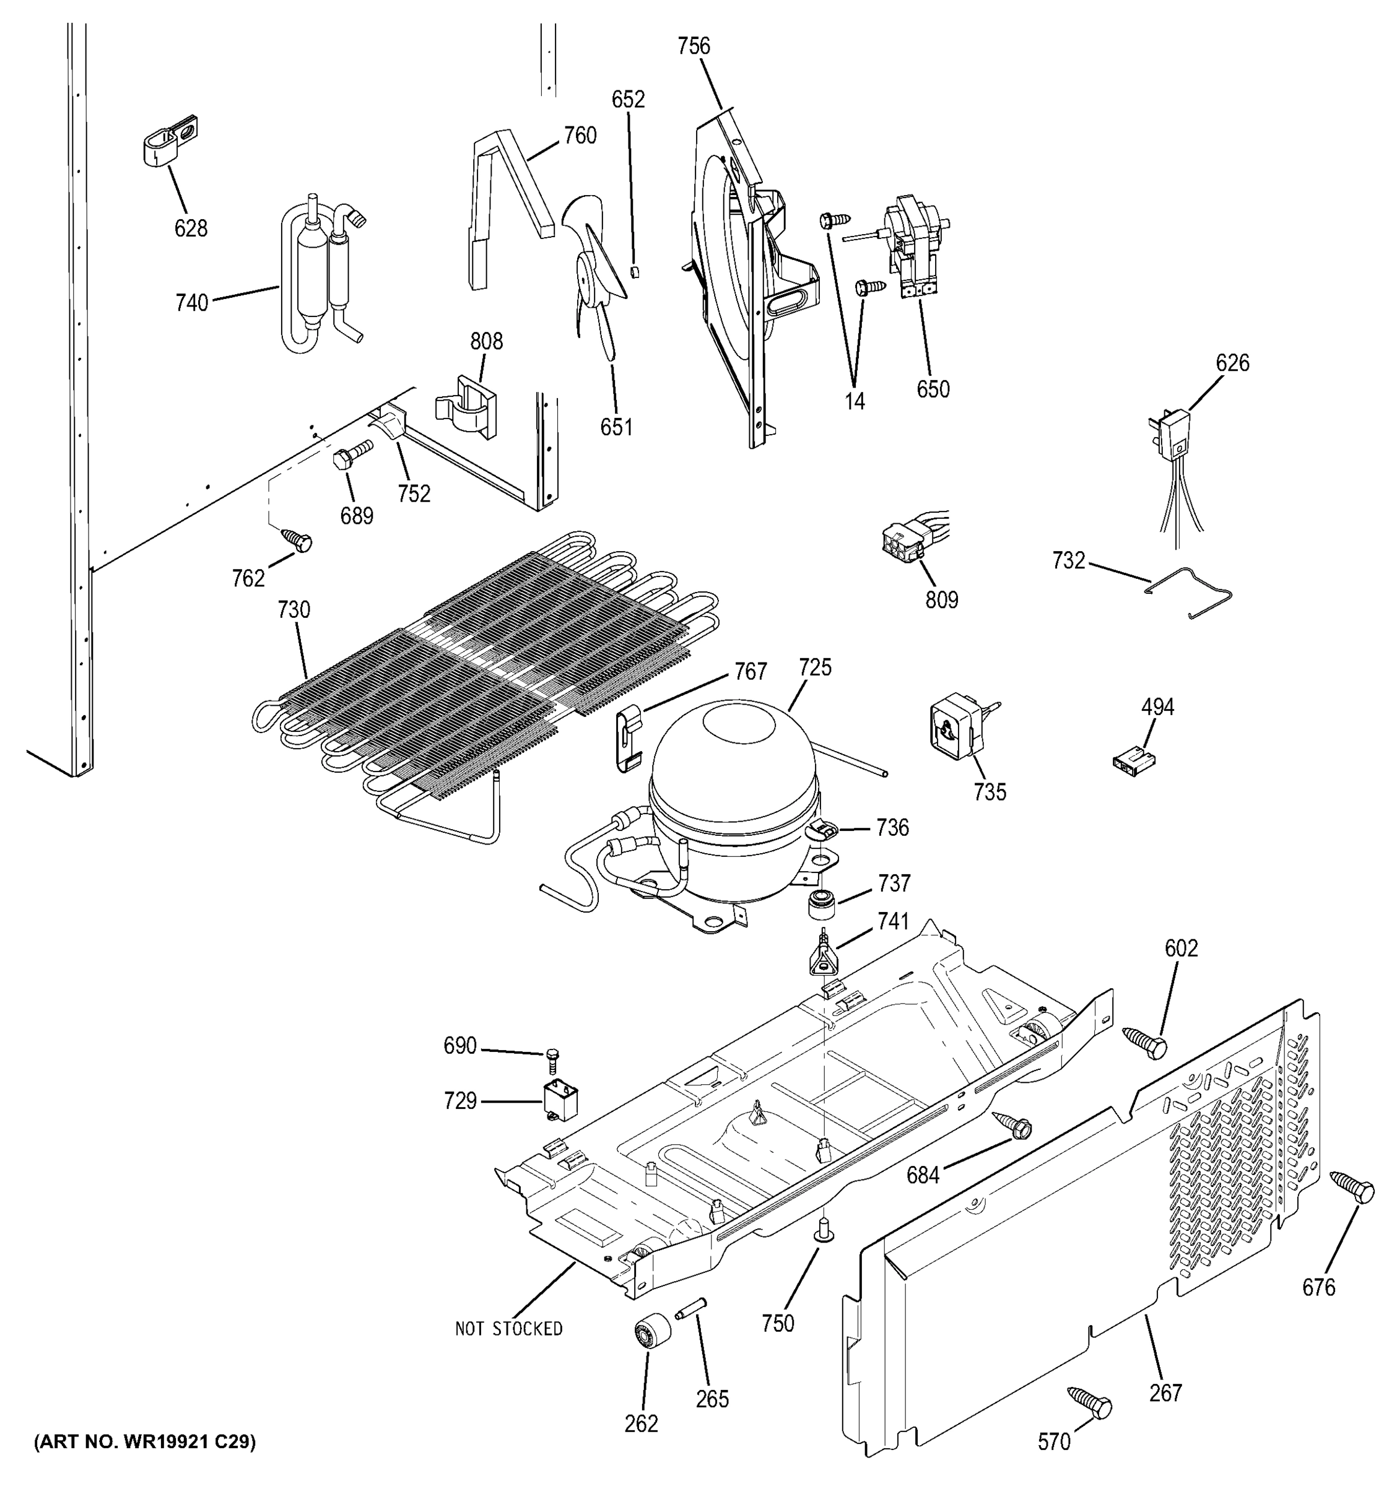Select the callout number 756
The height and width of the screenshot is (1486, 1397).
pos(693,46)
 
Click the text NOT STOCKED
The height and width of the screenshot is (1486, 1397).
pos(508,1328)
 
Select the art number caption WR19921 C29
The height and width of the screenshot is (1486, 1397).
pos(144,1442)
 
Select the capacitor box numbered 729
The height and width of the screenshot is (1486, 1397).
pos(563,1103)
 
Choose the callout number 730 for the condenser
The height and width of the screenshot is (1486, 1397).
pos(293,610)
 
